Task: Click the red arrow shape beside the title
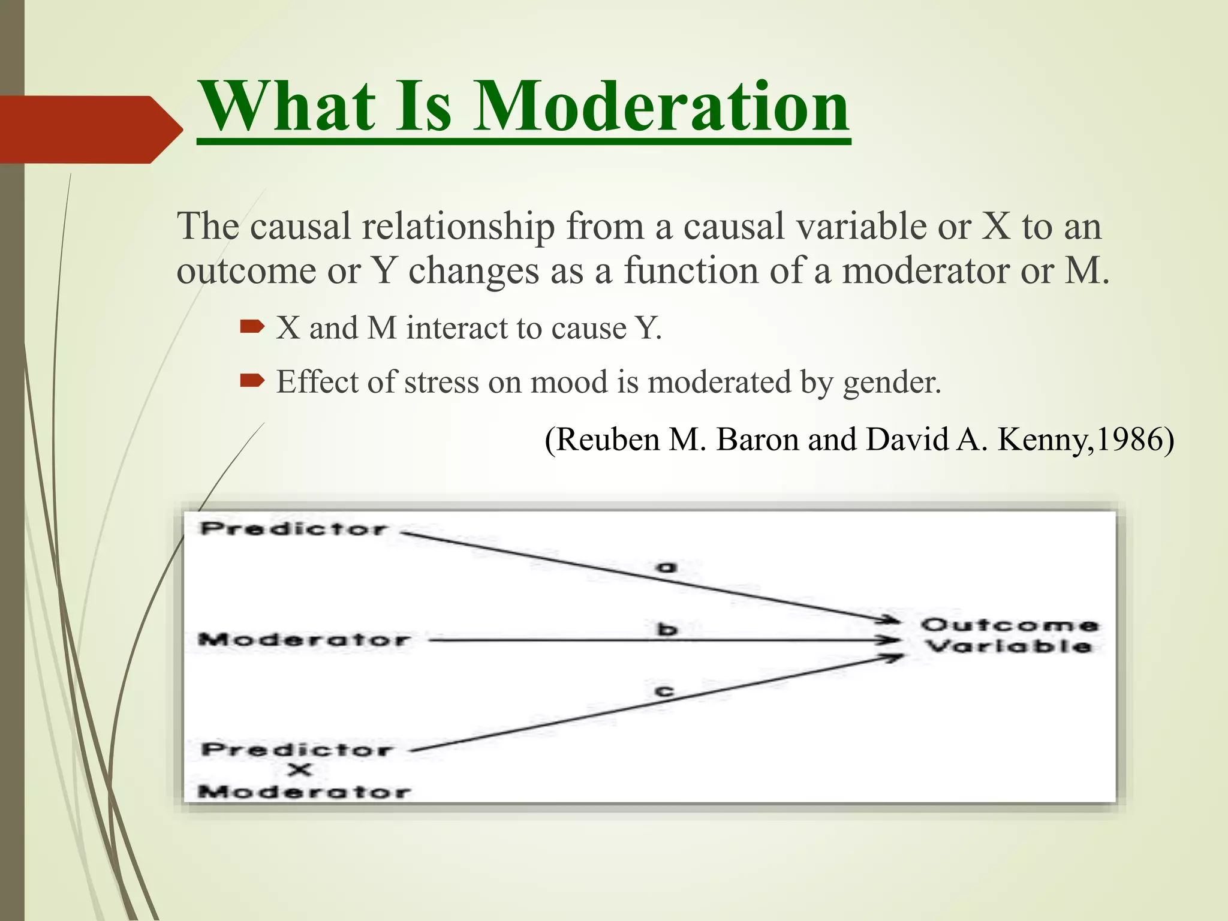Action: click(x=90, y=129)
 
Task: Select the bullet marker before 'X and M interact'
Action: click(x=252, y=327)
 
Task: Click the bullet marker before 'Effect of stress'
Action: click(x=252, y=381)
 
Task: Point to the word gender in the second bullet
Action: click(x=892, y=382)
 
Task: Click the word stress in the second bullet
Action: click(x=441, y=382)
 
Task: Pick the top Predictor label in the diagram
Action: click(x=294, y=529)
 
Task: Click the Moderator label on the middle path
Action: click(x=305, y=640)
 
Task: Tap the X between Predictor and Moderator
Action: click(x=299, y=770)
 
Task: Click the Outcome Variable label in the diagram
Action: click(x=1009, y=636)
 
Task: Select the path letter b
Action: click(x=667, y=629)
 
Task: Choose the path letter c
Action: click(x=664, y=691)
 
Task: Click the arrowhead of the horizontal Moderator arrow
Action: click(x=892, y=640)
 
